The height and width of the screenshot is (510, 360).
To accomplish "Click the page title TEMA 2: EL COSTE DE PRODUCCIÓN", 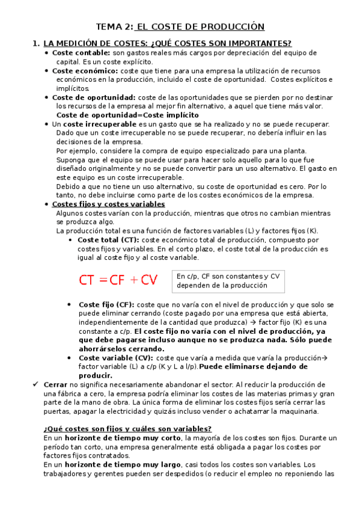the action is [x=180, y=26].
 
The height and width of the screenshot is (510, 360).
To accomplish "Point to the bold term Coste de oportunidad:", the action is [x=94, y=97].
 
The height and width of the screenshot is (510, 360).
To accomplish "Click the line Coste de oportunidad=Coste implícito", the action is [x=127, y=115].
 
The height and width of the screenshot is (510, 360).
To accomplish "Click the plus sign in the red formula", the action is [x=138, y=280].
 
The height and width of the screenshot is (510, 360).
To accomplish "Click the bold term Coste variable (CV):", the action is [x=115, y=358].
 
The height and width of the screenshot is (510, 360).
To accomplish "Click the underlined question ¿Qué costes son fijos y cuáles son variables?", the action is [x=127, y=429].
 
